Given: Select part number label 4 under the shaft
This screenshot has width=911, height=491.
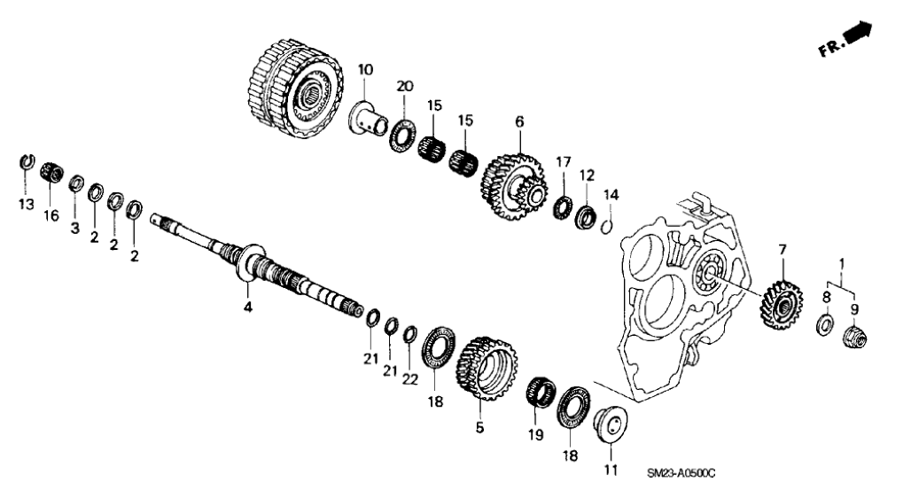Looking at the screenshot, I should pos(248,307).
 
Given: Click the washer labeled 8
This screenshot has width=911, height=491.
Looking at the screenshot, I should pos(823,325).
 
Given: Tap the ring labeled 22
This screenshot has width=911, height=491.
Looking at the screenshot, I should pos(410,334).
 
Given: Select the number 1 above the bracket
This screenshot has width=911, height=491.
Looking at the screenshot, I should pos(841,263).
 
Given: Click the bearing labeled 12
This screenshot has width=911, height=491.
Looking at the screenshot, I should pos(585,216).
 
